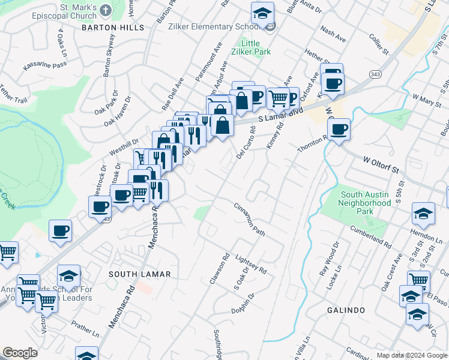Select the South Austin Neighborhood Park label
pos(366,203)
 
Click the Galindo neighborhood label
pos(346,310)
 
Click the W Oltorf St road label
pos(381,165)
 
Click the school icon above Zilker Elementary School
pos(262,13)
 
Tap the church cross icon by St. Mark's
pos(106,10)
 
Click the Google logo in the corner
pos(20,353)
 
